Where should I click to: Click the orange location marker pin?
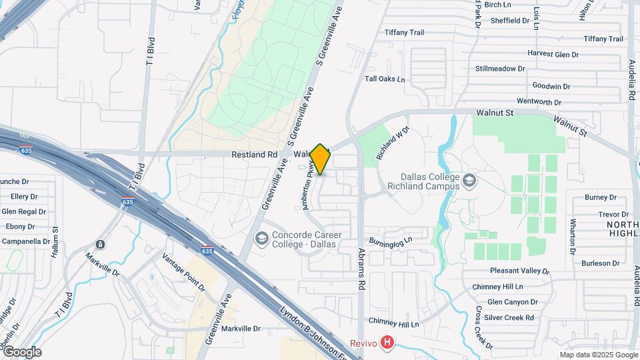321,159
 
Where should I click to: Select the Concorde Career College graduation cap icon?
262,238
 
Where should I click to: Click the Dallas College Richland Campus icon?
469,181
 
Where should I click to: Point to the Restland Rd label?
254,154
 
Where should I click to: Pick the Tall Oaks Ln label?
385,79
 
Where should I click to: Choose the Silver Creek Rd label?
509,317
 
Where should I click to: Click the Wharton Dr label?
573,236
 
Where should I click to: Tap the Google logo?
21,352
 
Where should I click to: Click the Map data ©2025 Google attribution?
598,355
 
